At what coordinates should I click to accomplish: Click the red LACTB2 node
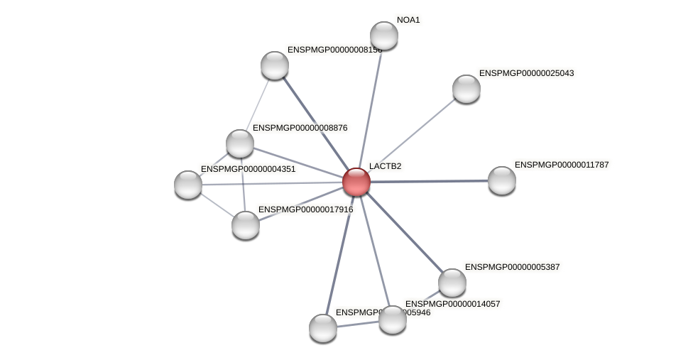coord(356,182)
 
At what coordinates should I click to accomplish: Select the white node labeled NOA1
coord(384,36)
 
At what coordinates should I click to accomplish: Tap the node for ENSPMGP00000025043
coord(466,89)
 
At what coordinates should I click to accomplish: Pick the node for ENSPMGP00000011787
coord(502,180)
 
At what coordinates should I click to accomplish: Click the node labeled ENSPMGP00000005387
coord(452,283)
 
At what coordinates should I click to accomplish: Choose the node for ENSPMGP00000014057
coord(393,320)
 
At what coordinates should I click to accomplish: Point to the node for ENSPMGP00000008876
coord(240,143)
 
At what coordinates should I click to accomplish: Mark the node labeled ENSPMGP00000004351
coord(188,185)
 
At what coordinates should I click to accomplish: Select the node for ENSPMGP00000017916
coord(246,225)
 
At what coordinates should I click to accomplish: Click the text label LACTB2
coord(385,167)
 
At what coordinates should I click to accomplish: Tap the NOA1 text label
coord(408,20)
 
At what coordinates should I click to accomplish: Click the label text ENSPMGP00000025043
coord(526,73)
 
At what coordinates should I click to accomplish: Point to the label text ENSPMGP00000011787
coord(562,165)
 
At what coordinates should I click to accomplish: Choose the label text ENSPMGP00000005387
coord(512,267)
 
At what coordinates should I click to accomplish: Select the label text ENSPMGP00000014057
coord(452,304)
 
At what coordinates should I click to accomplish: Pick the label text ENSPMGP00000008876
coord(300,128)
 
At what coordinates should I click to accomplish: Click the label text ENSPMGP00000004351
coord(248,169)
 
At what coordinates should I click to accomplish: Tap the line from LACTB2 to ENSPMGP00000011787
coord(430,181)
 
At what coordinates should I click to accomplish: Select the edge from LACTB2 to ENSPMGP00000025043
coord(412,135)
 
